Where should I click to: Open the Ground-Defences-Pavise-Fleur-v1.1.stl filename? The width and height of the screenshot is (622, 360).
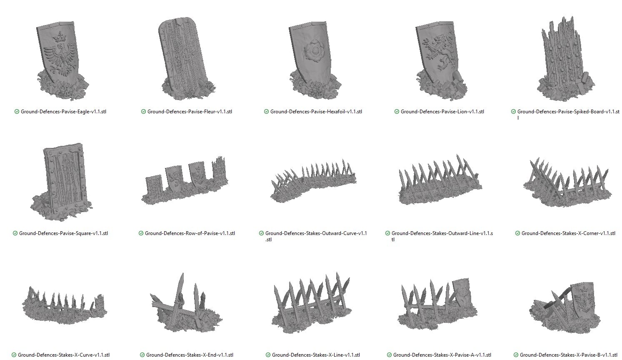(190, 112)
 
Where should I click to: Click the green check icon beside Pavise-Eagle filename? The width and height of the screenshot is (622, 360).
(17, 112)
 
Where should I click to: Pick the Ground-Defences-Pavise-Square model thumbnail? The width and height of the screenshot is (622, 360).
(62, 182)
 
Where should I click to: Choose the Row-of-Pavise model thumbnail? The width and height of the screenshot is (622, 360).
(185, 180)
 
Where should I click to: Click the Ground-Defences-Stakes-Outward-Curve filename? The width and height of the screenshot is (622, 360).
(316, 236)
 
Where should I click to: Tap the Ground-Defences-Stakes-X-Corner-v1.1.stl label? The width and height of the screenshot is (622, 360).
(568, 233)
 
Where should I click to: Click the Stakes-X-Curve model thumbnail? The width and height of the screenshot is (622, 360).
(65, 305)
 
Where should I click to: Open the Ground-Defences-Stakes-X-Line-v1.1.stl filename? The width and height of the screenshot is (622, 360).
(316, 355)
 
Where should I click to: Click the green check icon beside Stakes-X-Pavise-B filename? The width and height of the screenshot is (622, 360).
(516, 355)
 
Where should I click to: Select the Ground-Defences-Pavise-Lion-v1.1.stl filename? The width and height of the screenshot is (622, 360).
(442, 112)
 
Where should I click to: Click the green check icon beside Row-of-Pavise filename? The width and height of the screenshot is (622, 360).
(141, 233)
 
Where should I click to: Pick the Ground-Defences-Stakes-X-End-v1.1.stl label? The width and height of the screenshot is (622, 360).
(190, 355)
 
